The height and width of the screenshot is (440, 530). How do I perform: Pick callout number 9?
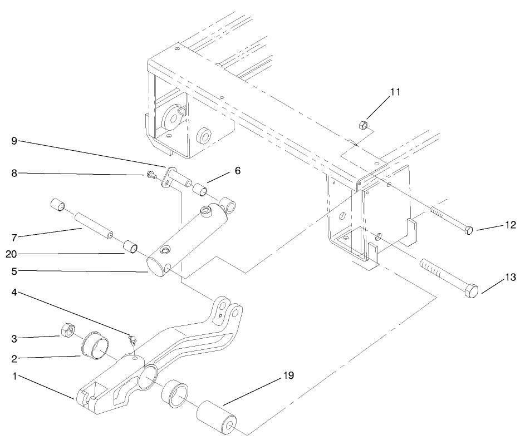[14, 141]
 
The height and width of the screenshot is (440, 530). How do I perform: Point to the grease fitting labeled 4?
[132, 339]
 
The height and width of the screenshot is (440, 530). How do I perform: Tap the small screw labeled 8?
[150, 176]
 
